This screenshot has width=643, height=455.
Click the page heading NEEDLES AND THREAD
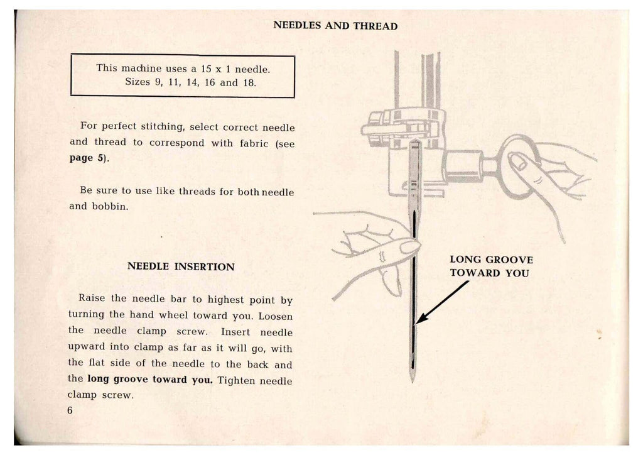click(336, 26)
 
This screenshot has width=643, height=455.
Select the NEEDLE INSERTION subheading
click(181, 266)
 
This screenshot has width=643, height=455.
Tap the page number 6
click(70, 410)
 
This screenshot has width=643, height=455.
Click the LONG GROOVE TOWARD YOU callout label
click(491, 266)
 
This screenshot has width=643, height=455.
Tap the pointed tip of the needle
click(413, 381)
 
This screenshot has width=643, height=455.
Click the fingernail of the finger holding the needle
click(409, 247)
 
